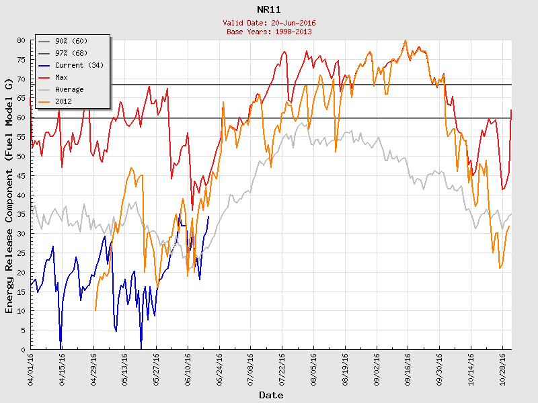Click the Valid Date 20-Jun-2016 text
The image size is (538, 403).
tap(269, 23)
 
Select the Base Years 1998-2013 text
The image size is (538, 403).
tap(269, 31)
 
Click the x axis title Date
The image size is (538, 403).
tap(271, 396)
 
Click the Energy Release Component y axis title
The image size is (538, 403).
tap(9, 195)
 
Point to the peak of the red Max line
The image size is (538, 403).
tap(405, 40)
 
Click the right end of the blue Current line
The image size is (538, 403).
tap(208, 217)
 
